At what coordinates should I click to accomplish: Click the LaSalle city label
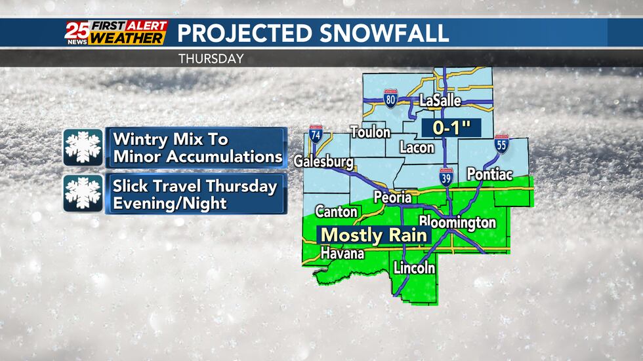[440, 101]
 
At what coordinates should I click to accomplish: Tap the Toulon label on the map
[370, 132]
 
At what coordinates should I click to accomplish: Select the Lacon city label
[417, 147]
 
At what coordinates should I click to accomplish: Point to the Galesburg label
[323, 161]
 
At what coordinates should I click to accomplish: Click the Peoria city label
[392, 197]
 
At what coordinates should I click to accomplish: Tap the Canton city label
[336, 212]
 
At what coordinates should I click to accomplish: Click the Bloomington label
[457, 222]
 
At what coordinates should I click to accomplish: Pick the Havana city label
[342, 254]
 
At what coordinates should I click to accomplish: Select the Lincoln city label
[414, 267]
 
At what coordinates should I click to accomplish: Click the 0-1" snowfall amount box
[448, 127]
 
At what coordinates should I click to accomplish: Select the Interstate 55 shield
[501, 145]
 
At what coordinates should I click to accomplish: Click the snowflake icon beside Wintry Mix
[83, 147]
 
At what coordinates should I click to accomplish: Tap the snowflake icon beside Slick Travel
[83, 193]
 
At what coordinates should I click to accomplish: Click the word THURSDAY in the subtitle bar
[211, 59]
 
